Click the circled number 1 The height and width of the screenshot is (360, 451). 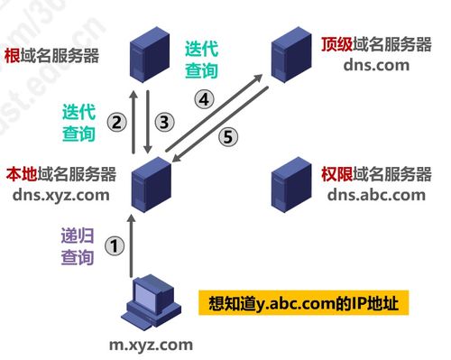click(113, 244)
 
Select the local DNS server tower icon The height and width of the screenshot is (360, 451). click(150, 183)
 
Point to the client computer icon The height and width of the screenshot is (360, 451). click(148, 303)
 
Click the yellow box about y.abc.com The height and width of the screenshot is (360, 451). click(303, 301)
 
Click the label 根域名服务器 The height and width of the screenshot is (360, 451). click(51, 55)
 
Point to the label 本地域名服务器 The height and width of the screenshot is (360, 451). click(61, 172)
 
